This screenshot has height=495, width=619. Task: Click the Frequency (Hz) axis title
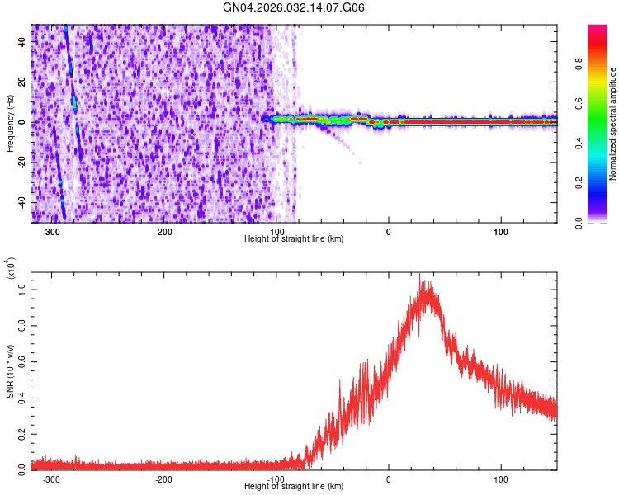click(x=10, y=123)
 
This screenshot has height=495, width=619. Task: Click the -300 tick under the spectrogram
click(x=51, y=231)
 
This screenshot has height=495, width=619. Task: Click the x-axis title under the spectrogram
click(x=294, y=238)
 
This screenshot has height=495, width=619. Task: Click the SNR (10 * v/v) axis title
click(x=10, y=371)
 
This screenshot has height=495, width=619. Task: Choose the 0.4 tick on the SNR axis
click(x=22, y=397)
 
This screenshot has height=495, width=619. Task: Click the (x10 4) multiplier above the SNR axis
click(x=12, y=267)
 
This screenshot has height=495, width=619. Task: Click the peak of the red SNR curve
click(x=421, y=276)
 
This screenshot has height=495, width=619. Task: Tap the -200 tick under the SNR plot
click(x=163, y=478)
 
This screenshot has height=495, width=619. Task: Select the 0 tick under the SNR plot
click(x=389, y=478)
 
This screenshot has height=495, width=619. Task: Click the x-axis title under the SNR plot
click(x=294, y=486)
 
